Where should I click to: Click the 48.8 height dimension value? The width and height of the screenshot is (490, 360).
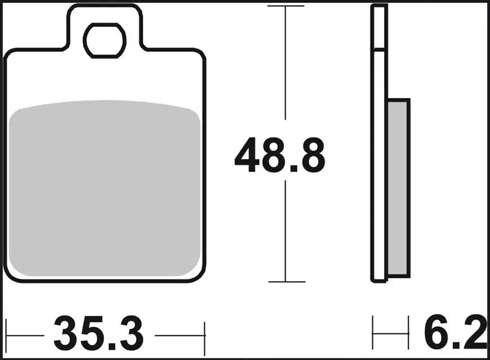(x=280, y=155)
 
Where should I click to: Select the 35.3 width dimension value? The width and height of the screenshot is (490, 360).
(x=99, y=334)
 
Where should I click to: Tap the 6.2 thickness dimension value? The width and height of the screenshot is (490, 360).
(x=455, y=332)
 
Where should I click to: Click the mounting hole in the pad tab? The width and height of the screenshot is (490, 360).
(x=105, y=41)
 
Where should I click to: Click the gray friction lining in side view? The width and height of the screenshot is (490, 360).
(x=398, y=188)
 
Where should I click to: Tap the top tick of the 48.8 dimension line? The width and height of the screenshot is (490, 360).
(x=286, y=6)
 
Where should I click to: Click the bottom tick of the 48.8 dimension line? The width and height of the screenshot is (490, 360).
(x=287, y=282)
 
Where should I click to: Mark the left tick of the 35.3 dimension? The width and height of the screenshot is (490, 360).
(x=7, y=336)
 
